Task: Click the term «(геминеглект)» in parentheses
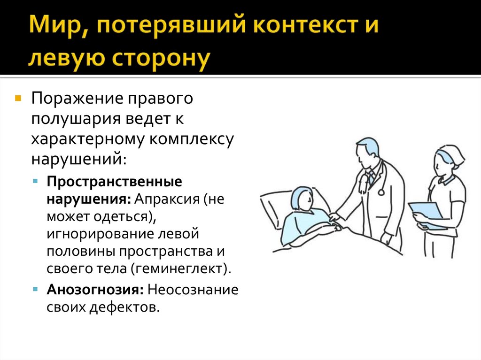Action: [x=182, y=269]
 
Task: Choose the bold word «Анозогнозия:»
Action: [x=95, y=289]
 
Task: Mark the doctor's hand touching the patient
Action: [x=334, y=217]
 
